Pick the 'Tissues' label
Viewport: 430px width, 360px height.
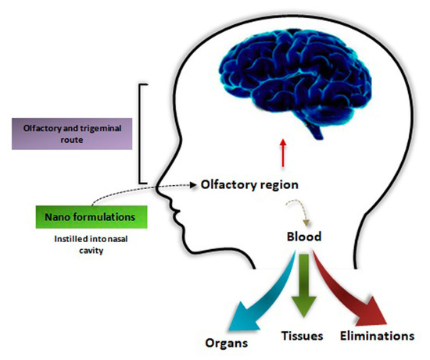303,337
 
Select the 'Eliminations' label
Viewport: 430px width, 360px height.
378,337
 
